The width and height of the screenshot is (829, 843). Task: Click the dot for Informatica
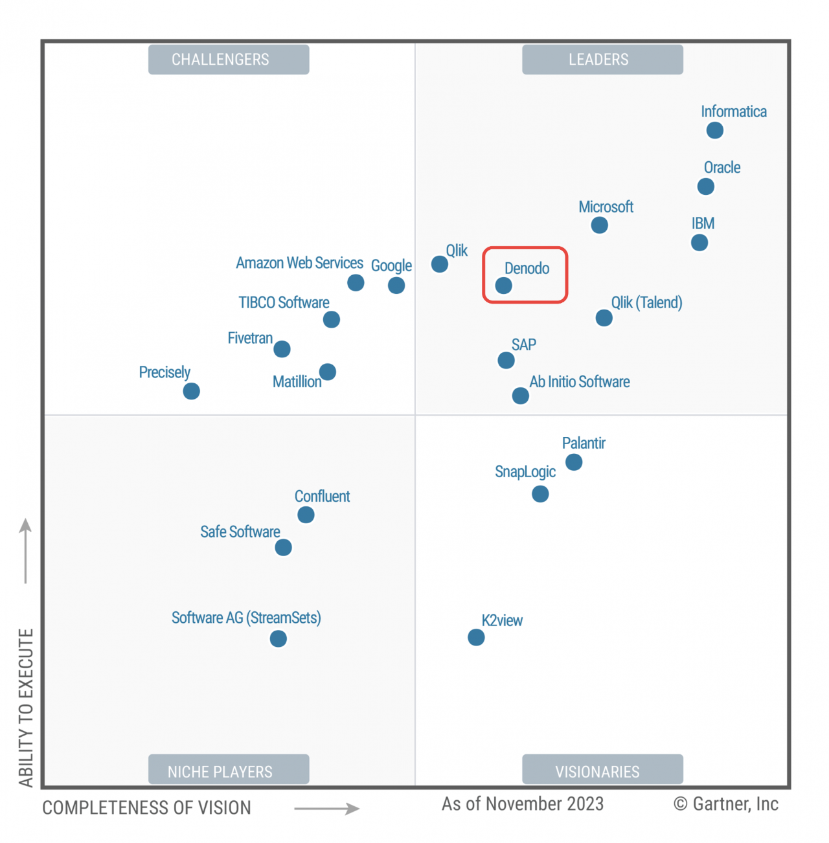coord(714,130)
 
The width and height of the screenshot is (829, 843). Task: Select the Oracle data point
coord(705,186)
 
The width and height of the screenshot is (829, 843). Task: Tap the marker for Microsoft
coord(599,225)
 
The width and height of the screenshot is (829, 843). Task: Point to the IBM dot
coord(699,243)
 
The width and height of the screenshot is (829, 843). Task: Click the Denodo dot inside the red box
coord(503,286)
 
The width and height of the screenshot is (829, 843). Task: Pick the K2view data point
coord(476,638)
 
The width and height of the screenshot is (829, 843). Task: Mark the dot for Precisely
coord(191,391)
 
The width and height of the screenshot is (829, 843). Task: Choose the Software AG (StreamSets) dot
coord(278,639)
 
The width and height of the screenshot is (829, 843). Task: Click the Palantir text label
coord(584,444)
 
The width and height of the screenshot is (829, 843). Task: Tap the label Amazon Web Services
coord(299,263)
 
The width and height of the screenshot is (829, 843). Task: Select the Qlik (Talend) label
coord(646,302)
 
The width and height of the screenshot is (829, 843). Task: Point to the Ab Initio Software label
coord(580,382)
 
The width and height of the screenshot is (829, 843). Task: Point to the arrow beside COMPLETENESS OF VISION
coord(326,808)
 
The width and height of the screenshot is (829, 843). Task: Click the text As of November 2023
coord(523,804)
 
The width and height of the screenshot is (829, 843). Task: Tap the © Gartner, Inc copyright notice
coord(725,804)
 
